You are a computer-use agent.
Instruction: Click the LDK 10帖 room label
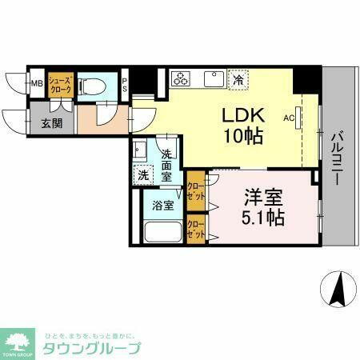click(x=240, y=124)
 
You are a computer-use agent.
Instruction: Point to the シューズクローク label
click(x=60, y=84)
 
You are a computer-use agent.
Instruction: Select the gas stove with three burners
click(x=182, y=78)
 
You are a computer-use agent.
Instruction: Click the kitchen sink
click(x=213, y=78)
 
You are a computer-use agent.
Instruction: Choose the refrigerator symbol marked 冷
click(x=238, y=79)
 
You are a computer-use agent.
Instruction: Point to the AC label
click(x=289, y=117)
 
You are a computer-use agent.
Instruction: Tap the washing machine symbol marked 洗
click(x=142, y=174)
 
